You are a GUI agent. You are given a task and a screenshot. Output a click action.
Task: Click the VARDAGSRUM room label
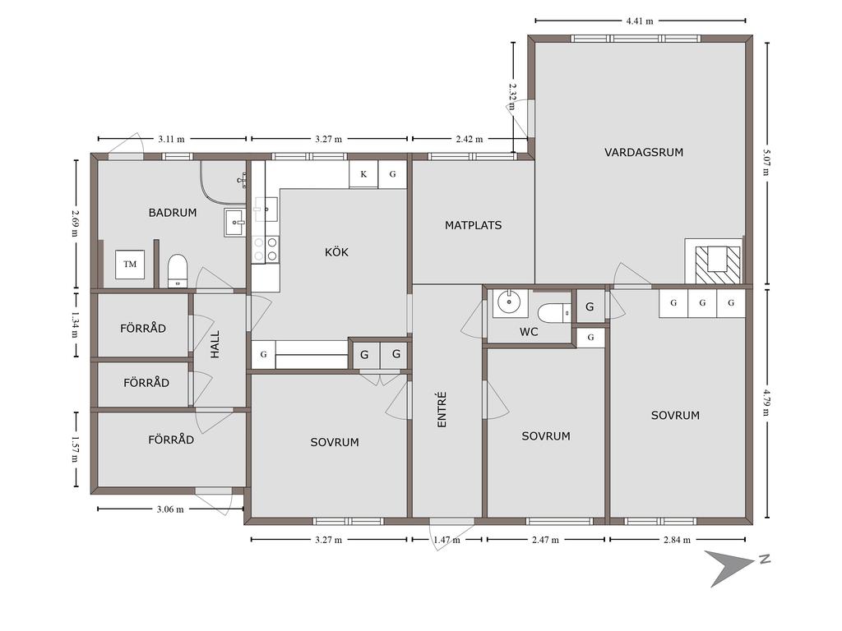pos(644,152)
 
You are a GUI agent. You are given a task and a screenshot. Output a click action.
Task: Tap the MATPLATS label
pos(473,225)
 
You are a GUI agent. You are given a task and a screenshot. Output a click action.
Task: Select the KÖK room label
pos(336,251)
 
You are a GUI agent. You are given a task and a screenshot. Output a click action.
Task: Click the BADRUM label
pos(173,213)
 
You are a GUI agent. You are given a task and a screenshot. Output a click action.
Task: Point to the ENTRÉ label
pos(442,410)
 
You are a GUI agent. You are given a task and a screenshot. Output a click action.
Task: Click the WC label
pos(529,332)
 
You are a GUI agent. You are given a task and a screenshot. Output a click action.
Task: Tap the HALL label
pos(215,344)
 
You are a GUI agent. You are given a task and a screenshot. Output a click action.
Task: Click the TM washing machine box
pos(130,264)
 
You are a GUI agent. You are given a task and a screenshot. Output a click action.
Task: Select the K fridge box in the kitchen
pos(363,174)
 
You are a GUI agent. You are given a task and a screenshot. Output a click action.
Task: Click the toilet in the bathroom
pos(178,271)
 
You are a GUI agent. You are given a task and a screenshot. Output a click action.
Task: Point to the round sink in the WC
pos(507,302)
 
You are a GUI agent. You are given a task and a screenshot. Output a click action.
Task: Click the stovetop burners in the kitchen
pos(266,250)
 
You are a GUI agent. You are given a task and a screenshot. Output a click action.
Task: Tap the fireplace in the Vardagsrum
pos(715,261)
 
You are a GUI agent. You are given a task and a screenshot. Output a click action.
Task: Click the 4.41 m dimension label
pos(640,21)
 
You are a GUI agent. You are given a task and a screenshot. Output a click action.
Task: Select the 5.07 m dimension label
pos(767,163)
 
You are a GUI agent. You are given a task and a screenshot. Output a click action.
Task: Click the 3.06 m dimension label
pos(170,509)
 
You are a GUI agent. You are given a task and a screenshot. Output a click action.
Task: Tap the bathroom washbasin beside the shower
pos(235,223)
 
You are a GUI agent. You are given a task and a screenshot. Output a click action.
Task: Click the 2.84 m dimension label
pos(678,540)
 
